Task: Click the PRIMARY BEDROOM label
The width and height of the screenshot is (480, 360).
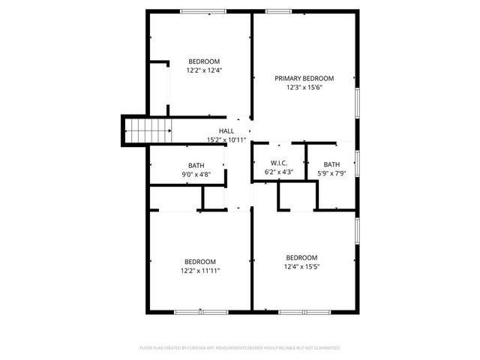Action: pos(304,78)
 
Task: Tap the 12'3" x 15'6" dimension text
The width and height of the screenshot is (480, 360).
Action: pos(304,87)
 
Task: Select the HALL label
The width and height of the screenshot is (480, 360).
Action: pos(226,130)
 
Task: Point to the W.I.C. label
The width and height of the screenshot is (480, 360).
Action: pos(269,163)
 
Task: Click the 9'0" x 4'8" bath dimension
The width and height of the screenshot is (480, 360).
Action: pos(196,174)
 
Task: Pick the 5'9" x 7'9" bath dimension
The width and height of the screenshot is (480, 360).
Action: pos(331,173)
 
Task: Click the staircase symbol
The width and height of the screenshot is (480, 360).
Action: pos(148,132)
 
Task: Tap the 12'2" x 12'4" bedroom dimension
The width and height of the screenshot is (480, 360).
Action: pos(204,70)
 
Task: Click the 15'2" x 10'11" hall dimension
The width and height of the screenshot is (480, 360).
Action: pos(226,139)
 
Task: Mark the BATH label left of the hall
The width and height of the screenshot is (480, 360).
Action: pos(196,165)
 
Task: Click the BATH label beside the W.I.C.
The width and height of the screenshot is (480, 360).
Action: pos(331,164)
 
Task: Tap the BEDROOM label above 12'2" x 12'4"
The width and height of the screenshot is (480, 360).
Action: pos(204,61)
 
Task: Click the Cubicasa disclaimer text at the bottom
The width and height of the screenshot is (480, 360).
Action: pos(240,348)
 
